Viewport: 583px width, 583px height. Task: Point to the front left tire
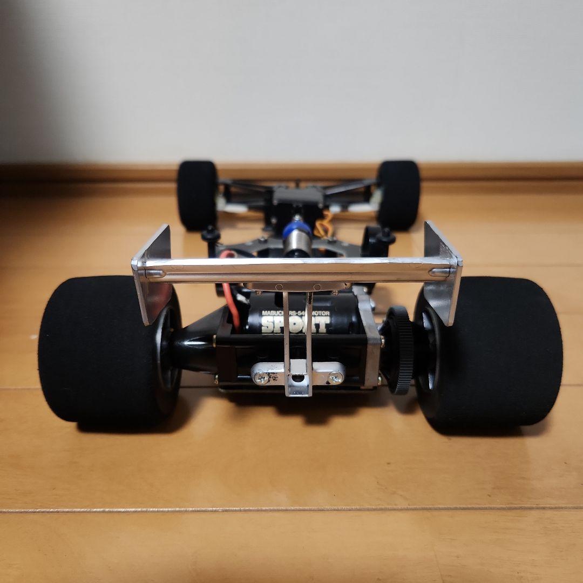pos(197,194)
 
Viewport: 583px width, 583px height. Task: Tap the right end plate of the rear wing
pos(442,270)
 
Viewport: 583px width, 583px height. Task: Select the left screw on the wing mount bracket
pos(261,378)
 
